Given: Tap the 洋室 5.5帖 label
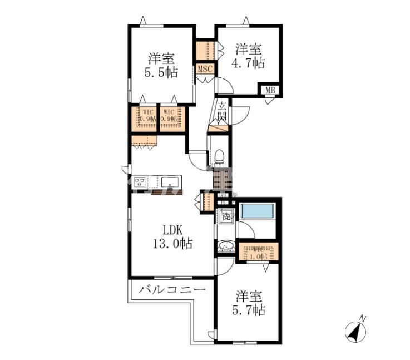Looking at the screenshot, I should point(161,65).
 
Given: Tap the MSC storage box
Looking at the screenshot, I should point(204,70).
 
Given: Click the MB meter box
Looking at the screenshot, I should point(270,90).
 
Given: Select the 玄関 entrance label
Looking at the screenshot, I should point(221,111).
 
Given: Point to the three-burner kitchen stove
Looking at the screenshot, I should point(140,182).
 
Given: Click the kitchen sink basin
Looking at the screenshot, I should point(170,181).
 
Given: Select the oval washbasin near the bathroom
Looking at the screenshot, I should point(226,245).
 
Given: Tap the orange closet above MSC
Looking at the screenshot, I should point(204,50).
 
